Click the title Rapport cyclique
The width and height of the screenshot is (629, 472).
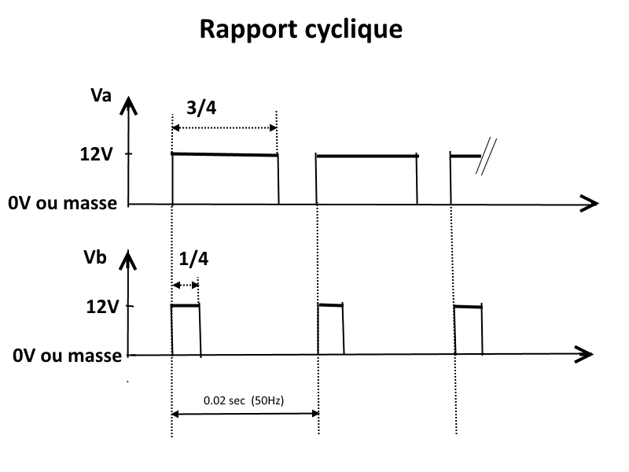pyautogui.click(x=301, y=30)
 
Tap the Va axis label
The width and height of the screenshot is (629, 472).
pyautogui.click(x=101, y=95)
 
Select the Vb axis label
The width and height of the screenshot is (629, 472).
pyautogui.click(x=95, y=257)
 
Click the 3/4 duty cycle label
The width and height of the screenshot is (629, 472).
pyautogui.click(x=201, y=108)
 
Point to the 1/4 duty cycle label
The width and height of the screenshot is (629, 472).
pyautogui.click(x=193, y=259)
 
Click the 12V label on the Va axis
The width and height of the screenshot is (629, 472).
pyautogui.click(x=96, y=154)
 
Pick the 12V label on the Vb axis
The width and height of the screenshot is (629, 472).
pyautogui.click(x=103, y=307)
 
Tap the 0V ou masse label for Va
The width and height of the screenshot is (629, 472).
pyautogui.click(x=63, y=203)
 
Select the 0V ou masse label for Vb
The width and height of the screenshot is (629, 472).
pyautogui.click(x=67, y=356)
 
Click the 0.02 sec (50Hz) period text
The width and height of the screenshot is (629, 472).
pyautogui.click(x=244, y=400)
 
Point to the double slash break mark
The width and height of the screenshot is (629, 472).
pyautogui.click(x=486, y=157)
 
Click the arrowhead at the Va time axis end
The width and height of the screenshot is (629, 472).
pyautogui.click(x=590, y=204)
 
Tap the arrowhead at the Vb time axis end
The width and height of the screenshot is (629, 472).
pyautogui.click(x=584, y=354)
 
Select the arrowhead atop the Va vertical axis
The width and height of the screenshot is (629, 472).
pyautogui.click(x=128, y=105)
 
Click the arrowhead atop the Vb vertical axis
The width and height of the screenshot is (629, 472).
pyautogui.click(x=128, y=260)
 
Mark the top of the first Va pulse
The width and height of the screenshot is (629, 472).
pyautogui.click(x=225, y=154)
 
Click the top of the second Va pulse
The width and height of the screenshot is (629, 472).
pyautogui.click(x=367, y=156)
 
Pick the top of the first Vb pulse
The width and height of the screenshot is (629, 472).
pyautogui.click(x=185, y=306)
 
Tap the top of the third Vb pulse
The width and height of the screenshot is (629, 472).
pyautogui.click(x=468, y=307)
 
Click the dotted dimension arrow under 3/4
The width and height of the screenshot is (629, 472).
pyautogui.click(x=224, y=128)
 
